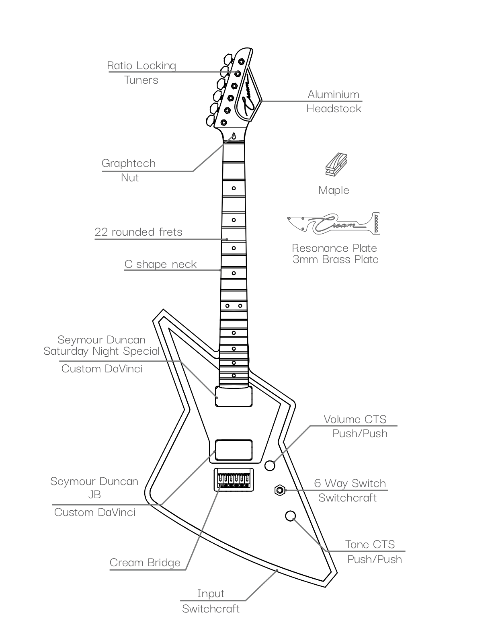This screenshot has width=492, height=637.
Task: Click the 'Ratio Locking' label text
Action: [141, 66]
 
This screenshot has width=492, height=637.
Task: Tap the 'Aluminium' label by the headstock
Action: [334, 95]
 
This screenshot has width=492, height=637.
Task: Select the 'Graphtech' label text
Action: [128, 163]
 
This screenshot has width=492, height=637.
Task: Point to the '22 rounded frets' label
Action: [138, 232]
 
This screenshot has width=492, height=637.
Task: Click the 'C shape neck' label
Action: [160, 264]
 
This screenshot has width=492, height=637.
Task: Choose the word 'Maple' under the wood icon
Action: [334, 190]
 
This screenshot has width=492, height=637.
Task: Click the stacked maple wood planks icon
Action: [336, 164]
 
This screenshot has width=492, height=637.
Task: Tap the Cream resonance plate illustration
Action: [334, 224]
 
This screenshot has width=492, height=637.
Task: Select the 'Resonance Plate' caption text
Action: [334, 248]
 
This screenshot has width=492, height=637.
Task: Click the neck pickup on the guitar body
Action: [234, 396]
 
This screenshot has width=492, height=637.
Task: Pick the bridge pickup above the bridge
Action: [234, 450]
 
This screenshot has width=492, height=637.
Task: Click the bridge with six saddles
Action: [234, 480]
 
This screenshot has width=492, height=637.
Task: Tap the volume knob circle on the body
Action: [270, 466]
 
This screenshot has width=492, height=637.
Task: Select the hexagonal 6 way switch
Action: [280, 490]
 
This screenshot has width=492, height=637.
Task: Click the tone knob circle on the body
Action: [290, 516]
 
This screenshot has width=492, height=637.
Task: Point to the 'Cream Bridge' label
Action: [145, 563]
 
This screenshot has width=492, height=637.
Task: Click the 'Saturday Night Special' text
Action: [101, 351]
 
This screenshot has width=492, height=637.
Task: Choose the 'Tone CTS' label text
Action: [370, 545]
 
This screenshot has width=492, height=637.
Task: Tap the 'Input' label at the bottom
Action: [210, 593]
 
